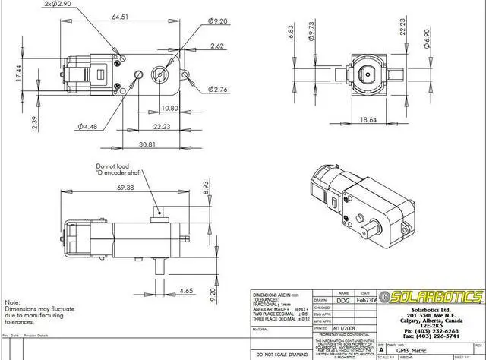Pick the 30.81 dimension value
tap(147, 144)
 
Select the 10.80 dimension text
tap(169, 109)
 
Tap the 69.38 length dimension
tap(125, 188)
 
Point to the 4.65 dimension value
tap(186, 291)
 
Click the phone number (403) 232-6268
tap(431, 331)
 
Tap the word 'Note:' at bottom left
tap(13, 302)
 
